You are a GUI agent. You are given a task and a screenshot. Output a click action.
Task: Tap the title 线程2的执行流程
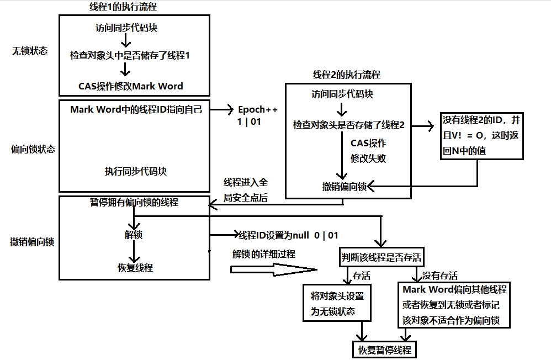pyautogui.click(x=346, y=75)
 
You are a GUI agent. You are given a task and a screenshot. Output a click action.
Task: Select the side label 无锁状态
pyautogui.click(x=30, y=51)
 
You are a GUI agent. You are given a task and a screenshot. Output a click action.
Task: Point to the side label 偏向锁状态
pyautogui.click(x=33, y=149)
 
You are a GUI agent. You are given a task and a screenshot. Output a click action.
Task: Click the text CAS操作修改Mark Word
pyautogui.click(x=131, y=86)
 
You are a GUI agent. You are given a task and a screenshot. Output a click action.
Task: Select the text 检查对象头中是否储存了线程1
pyautogui.click(x=130, y=55)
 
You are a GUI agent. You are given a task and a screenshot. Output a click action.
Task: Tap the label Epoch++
pyautogui.click(x=257, y=109)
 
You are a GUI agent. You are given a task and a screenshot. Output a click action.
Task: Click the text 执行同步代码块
pyautogui.click(x=136, y=171)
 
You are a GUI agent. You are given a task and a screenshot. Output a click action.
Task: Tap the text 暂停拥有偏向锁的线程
pyautogui.click(x=134, y=202)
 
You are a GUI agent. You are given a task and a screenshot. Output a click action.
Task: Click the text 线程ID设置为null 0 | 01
pyautogui.click(x=288, y=235)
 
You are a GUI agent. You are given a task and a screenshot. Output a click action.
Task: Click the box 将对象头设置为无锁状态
pyautogui.click(x=337, y=303)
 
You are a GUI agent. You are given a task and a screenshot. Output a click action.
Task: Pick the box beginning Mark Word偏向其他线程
pyautogui.click(x=454, y=305)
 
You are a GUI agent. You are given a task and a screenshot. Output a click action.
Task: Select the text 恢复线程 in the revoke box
pyautogui.click(x=135, y=268)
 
